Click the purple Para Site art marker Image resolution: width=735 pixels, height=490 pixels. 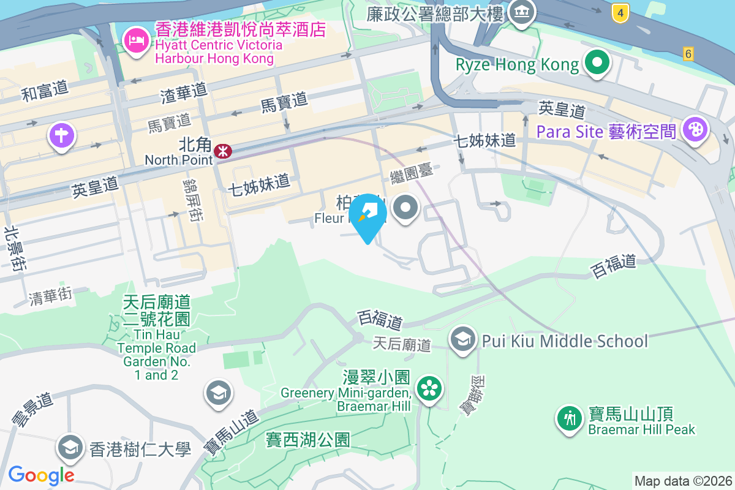coord(695,130)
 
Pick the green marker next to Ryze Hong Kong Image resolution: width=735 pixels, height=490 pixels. coord(596,63)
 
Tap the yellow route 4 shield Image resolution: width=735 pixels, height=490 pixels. coord(620,12)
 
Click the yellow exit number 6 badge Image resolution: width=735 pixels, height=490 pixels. coord(689,54)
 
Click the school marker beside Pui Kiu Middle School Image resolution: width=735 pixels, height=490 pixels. coord(464,339)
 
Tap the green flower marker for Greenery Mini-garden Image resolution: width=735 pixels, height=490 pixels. coord(430,388)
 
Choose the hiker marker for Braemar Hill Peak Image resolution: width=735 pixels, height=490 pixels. coord(570,418)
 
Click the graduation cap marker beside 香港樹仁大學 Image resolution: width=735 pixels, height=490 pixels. coord(70,448)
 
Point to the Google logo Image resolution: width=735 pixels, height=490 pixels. coord(41,475)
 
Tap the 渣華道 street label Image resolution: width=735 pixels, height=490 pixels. coord(184,93)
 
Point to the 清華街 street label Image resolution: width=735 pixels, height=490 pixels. coord(51,296)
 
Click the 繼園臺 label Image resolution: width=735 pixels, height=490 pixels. coord(412,173)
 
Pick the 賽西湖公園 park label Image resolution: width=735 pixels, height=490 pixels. coord(307,439)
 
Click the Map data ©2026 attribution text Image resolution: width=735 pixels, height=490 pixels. coord(682,481)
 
